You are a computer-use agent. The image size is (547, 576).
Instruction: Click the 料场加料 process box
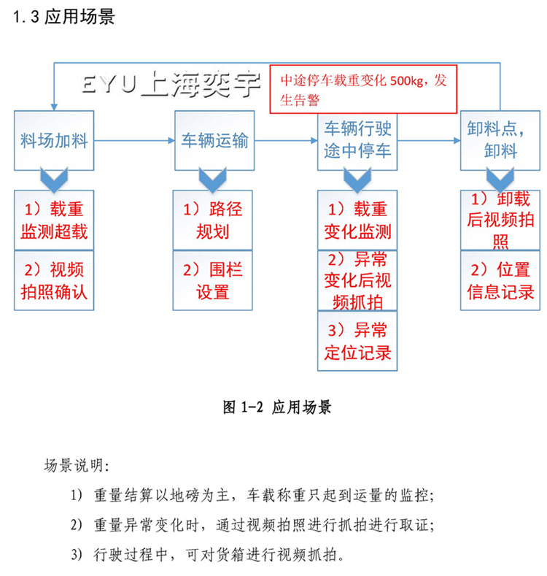pos(55,140)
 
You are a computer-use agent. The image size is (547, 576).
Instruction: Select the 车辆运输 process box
pos(214,140)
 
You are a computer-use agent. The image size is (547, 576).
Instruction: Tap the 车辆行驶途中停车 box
pos(357,140)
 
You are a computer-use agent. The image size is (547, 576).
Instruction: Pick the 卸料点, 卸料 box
pos(500,140)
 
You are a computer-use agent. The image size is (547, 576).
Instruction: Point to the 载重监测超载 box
pos(55,220)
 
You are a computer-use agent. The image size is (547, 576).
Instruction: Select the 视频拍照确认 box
pos(55,280)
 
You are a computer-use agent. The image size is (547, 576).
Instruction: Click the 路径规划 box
pos(213,220)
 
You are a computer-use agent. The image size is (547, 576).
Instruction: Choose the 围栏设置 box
pos(213,280)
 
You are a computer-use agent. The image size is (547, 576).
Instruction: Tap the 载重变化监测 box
pos(357,220)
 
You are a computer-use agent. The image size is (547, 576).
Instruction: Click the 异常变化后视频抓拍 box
pos(357,280)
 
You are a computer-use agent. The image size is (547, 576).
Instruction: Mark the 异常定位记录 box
pos(357,339)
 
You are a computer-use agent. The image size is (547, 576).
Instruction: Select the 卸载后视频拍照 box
pos(500,219)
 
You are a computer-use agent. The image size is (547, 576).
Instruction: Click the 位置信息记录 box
pos(500,280)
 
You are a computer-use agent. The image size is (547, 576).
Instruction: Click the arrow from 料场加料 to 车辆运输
pos(135,139)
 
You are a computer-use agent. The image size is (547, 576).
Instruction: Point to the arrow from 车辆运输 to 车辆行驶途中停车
pos(287,139)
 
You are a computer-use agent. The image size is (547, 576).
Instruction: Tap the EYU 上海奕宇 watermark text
pos(168,85)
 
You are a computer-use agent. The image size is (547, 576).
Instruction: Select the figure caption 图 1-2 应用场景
pos(276,407)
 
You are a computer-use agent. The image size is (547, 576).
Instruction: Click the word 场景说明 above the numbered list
pos(77,465)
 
